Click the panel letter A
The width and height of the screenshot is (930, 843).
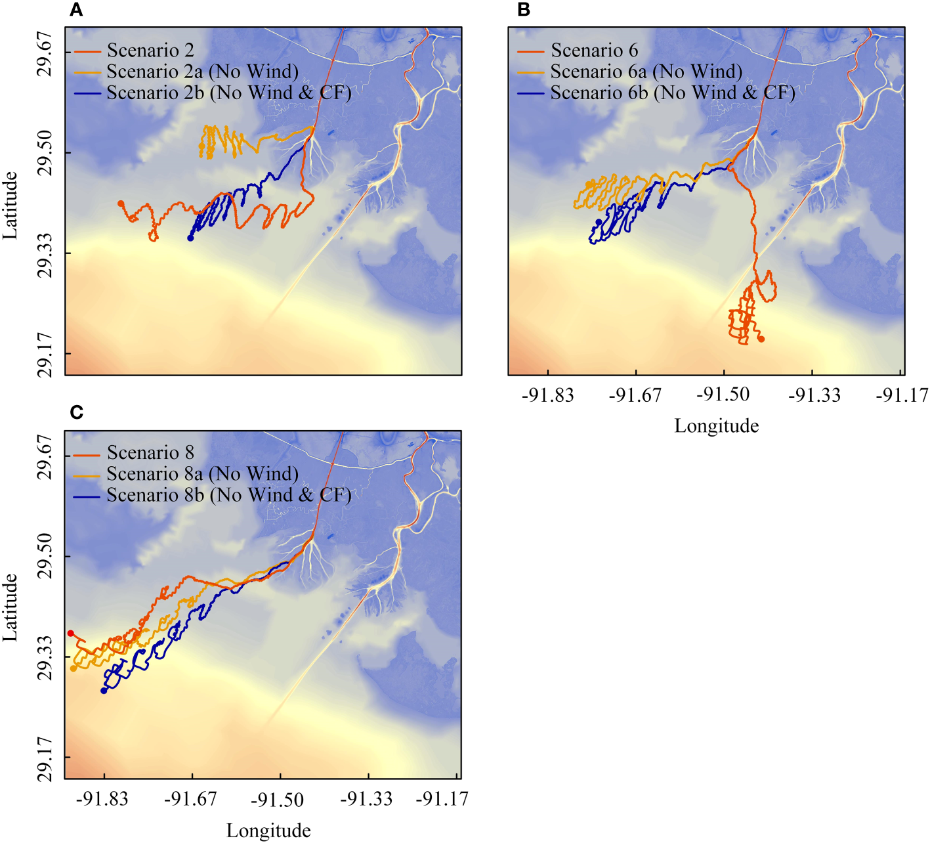(77, 10)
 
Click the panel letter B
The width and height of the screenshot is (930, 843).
(524, 10)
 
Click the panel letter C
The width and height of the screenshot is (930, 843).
(77, 412)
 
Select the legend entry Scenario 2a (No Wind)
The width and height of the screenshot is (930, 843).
(202, 72)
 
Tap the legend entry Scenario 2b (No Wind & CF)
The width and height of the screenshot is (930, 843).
(228, 93)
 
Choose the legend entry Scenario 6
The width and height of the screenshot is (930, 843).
(594, 51)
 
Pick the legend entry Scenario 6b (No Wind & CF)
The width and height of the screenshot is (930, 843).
(672, 93)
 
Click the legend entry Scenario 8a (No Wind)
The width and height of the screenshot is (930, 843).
(202, 474)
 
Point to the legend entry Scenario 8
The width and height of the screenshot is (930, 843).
(150, 453)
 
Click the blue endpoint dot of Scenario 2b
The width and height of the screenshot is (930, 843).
(190, 238)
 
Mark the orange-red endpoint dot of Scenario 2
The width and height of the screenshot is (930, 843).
(121, 204)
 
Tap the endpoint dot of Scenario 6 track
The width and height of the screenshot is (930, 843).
(761, 339)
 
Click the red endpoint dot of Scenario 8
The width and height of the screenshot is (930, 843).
(71, 633)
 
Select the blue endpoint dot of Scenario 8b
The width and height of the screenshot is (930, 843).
(104, 691)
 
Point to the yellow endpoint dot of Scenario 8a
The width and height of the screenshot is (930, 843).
(74, 668)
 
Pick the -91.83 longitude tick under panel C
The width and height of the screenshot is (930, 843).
(104, 798)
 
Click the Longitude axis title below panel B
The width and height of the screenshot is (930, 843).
(716, 426)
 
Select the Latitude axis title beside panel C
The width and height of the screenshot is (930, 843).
(11, 607)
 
